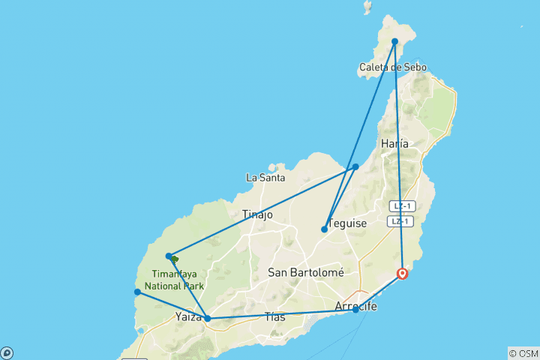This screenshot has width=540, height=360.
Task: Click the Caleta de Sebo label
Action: (x=393, y=67)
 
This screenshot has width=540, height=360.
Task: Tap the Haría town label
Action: (x=394, y=143)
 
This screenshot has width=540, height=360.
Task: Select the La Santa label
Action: (x=265, y=178)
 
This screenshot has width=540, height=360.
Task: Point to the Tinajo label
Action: (x=257, y=215)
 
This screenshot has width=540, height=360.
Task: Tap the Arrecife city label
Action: (x=355, y=307)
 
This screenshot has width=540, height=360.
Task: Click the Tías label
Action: (x=275, y=317)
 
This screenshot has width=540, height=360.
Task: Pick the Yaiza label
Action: (x=188, y=316)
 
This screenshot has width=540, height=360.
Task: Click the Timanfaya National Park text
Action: (x=177, y=280)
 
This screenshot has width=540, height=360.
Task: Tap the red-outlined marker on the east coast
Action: (x=403, y=273)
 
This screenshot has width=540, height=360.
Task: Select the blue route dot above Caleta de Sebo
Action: (x=394, y=41)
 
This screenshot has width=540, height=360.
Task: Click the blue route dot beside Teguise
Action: (x=324, y=229)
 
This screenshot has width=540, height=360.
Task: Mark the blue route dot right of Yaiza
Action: (x=208, y=319)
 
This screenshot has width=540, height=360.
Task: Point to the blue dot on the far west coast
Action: (x=137, y=292)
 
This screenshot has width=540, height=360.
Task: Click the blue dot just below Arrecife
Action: (x=355, y=310)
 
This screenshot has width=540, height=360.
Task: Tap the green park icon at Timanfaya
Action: (x=175, y=259)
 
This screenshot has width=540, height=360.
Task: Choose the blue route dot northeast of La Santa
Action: (x=355, y=166)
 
